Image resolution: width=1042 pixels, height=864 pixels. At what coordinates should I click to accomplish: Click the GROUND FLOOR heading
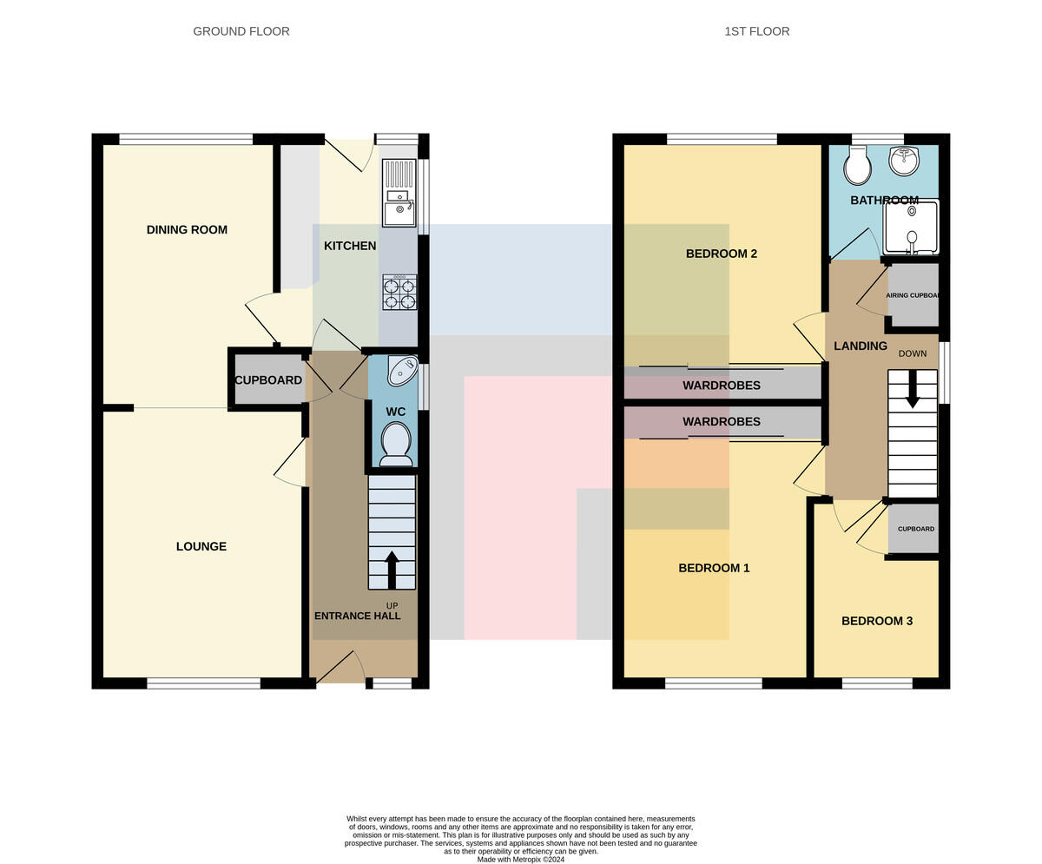pyautogui.click(x=241, y=31)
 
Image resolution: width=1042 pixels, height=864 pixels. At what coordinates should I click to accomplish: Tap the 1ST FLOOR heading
pyautogui.click(x=756, y=31)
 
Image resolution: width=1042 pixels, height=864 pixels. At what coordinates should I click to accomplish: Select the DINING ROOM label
pyautogui.click(x=187, y=229)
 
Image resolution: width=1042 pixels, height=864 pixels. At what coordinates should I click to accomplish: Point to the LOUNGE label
pyautogui.click(x=201, y=546)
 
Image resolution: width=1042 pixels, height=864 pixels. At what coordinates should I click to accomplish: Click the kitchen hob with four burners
pyautogui.click(x=399, y=293)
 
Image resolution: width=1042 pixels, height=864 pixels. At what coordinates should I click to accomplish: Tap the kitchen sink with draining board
pyautogui.click(x=399, y=193)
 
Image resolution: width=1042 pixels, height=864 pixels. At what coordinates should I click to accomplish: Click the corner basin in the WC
pyautogui.click(x=402, y=371)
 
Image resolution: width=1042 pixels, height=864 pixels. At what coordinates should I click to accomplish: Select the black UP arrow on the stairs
pyautogui.click(x=392, y=570)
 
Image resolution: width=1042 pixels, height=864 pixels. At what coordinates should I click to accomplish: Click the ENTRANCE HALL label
pyautogui.click(x=357, y=616)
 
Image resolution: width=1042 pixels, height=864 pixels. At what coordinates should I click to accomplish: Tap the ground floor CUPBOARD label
pyautogui.click(x=268, y=380)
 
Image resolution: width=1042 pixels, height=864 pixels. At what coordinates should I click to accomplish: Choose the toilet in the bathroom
pyautogui.click(x=857, y=165)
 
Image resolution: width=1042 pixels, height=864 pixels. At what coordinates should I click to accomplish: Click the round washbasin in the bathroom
pyautogui.click(x=904, y=161)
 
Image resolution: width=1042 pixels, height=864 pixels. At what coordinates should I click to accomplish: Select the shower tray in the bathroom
pyautogui.click(x=911, y=228)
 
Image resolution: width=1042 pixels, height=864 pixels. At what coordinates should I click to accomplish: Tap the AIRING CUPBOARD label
pyautogui.click(x=913, y=295)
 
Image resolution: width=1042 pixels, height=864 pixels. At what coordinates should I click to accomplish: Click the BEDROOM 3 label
pyautogui.click(x=877, y=621)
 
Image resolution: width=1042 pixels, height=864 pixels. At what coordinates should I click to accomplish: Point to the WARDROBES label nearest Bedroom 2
pyautogui.click(x=721, y=386)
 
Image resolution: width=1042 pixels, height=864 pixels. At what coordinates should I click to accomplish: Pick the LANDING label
pyautogui.click(x=861, y=346)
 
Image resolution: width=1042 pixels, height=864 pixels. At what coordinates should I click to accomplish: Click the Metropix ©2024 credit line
pyautogui.click(x=520, y=860)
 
